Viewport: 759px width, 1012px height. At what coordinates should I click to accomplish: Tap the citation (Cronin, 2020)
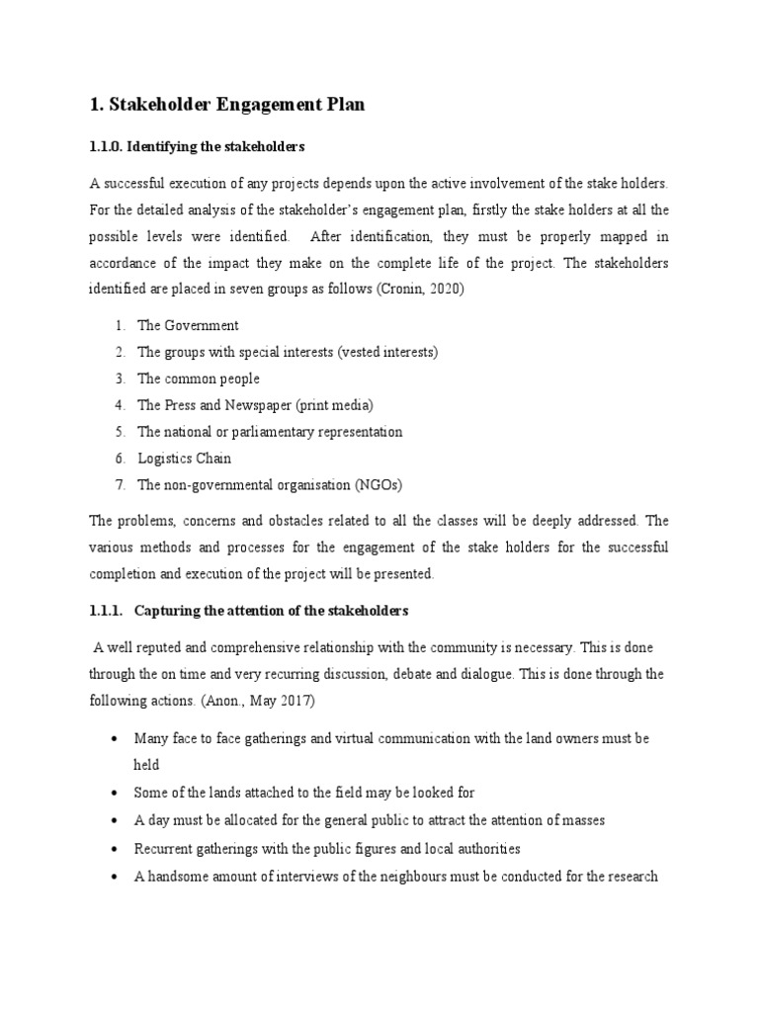410,291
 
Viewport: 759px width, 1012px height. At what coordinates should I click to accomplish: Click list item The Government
188,325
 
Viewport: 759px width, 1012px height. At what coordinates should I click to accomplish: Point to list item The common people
199,379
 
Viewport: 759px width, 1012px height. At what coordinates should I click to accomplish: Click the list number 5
119,432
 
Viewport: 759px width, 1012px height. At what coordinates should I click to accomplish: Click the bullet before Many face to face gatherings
118,739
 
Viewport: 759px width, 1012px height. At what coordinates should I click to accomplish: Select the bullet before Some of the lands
118,793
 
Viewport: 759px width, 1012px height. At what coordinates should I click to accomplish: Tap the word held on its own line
146,765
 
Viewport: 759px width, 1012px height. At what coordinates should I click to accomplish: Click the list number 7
119,485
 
